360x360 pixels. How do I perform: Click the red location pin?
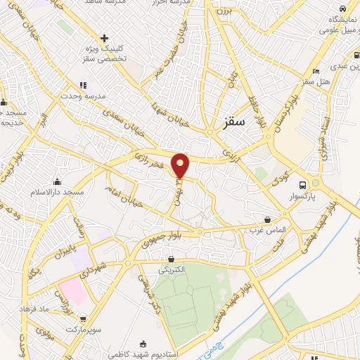coord(181,165)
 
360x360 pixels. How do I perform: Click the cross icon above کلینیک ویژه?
coord(104,38)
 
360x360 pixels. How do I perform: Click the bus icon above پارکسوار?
coord(302,177)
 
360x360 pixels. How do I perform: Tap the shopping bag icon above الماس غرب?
coord(267,219)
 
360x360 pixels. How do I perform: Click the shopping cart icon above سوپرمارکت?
coord(84,319)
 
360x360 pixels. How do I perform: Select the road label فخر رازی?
coord(152,160)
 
